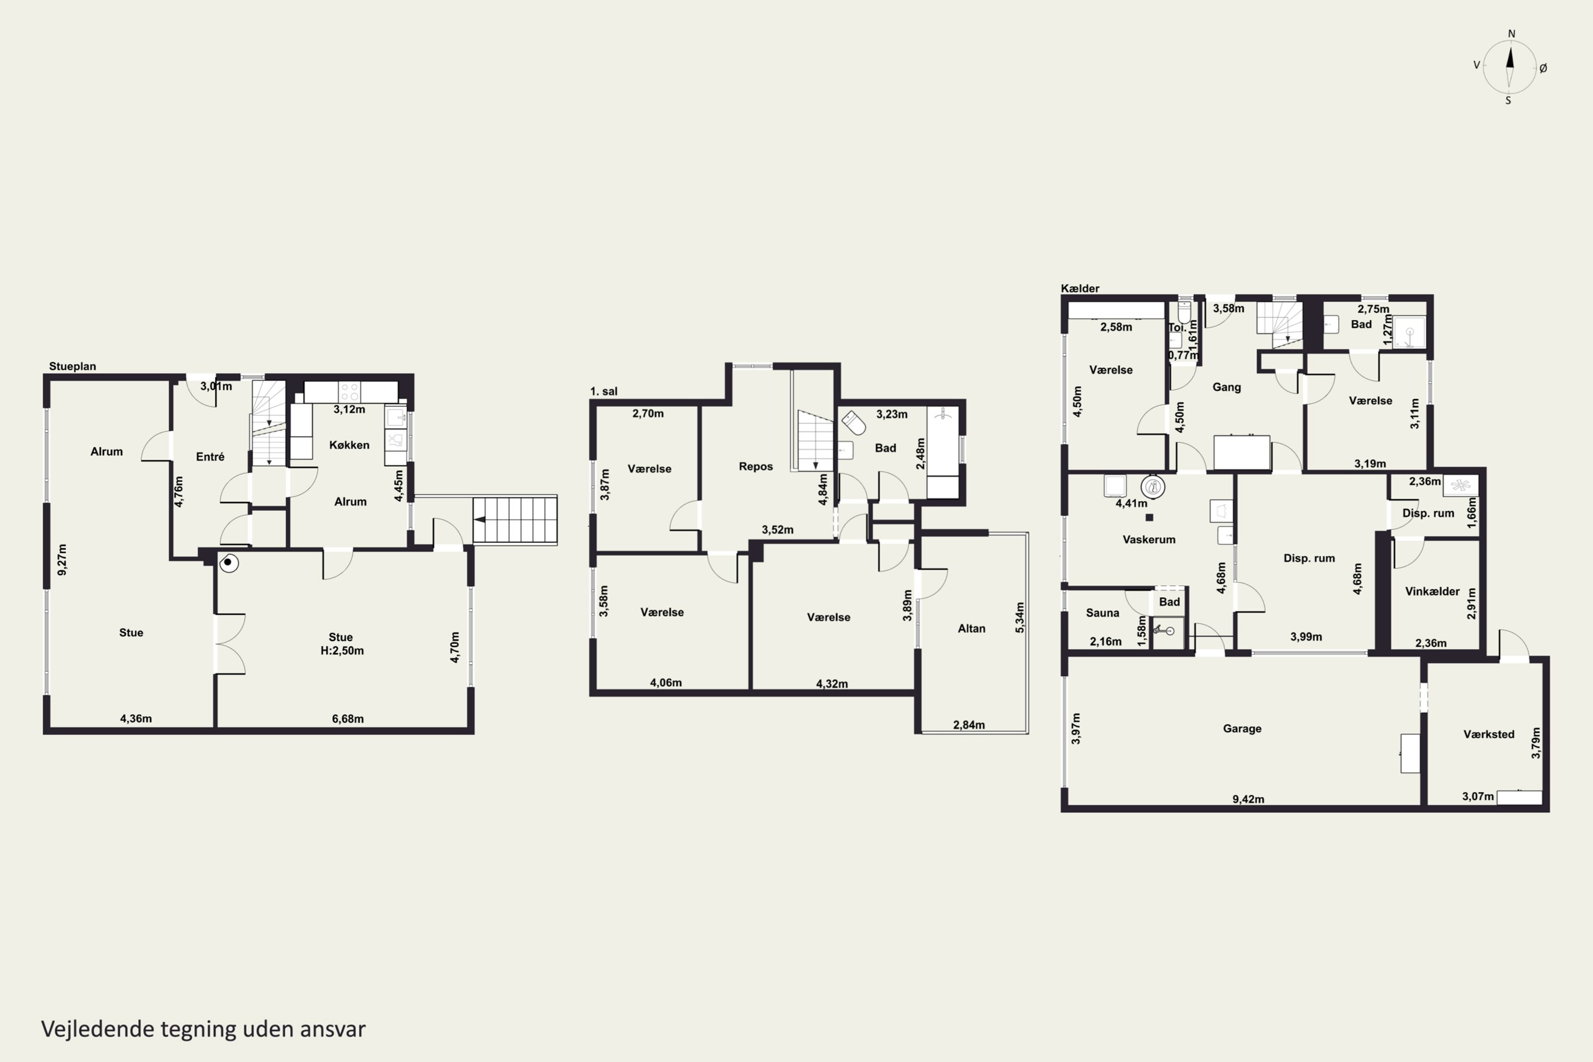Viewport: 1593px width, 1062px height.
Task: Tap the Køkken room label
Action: tap(349, 445)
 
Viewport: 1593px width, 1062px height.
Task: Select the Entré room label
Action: tap(210, 457)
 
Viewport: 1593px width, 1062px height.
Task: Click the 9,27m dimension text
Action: tap(62, 560)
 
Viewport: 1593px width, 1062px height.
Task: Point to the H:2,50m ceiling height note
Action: tap(342, 651)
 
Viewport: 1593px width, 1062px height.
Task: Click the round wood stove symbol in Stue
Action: tap(229, 563)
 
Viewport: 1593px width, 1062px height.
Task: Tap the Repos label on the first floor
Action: tap(756, 467)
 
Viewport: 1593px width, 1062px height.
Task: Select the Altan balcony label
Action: tap(971, 629)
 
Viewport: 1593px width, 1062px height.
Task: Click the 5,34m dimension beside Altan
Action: tap(1020, 618)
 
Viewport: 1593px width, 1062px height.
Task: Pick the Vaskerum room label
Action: tap(1149, 540)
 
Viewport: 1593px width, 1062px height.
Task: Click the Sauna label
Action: tap(1103, 613)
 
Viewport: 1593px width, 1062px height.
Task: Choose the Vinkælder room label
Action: tap(1433, 592)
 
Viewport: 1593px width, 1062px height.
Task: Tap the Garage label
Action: tap(1242, 729)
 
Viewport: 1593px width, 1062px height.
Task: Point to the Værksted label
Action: tap(1489, 734)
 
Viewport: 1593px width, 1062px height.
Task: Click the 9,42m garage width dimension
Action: tap(1248, 799)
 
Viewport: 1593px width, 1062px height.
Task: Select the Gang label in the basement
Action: tap(1227, 388)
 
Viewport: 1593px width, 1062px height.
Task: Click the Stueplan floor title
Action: tap(72, 366)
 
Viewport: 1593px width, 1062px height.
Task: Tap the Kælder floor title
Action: tap(1080, 288)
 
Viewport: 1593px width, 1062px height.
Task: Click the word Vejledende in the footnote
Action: tap(98, 1029)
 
